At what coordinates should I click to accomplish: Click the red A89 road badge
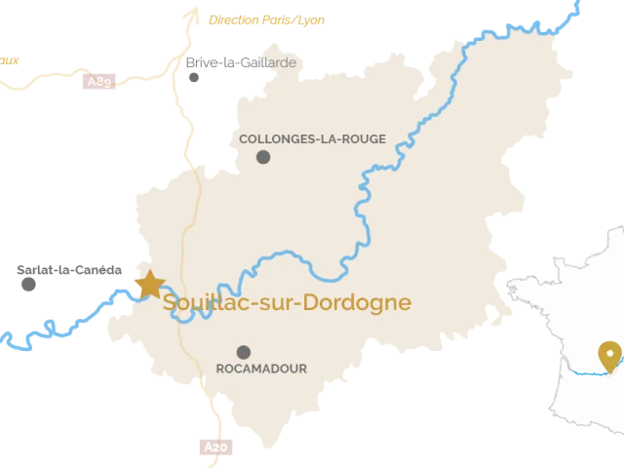99,82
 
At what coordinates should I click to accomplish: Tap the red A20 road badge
215,448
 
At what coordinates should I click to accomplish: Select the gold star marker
150,284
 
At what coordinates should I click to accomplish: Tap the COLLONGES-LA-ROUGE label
312,139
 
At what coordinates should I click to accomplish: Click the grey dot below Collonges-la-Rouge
263,157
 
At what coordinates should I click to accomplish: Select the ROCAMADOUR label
261,369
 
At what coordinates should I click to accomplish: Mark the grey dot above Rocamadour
244,352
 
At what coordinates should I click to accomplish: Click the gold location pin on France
610,355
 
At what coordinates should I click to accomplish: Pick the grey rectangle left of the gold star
70,276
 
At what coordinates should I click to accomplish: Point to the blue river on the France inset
585,371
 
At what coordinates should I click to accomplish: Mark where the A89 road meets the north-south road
175,69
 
